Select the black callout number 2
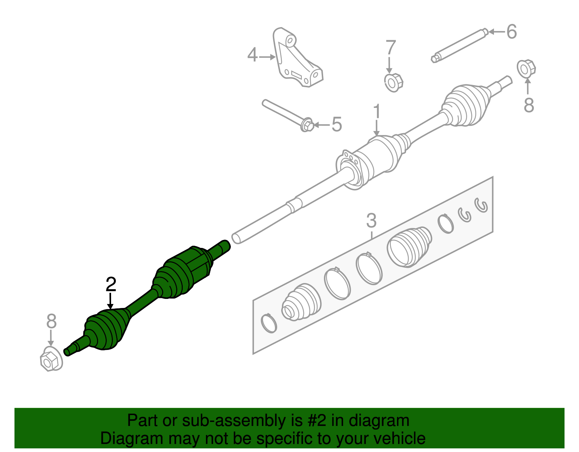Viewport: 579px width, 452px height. pos(111,284)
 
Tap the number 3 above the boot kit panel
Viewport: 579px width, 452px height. pos(371,220)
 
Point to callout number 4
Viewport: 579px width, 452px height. pos(252,55)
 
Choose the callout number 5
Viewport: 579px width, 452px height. pos(337,124)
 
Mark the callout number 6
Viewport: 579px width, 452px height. pos(512,31)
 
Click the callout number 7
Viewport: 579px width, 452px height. pos(390,47)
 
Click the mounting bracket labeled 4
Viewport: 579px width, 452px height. pos(297,57)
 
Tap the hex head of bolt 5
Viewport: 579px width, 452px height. pos(307,125)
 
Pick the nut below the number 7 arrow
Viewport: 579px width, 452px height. pos(393,83)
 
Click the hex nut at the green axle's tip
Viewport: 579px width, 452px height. pos(51,359)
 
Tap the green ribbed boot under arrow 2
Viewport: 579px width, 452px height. pos(107,329)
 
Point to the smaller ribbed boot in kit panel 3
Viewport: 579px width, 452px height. pos(301,303)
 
